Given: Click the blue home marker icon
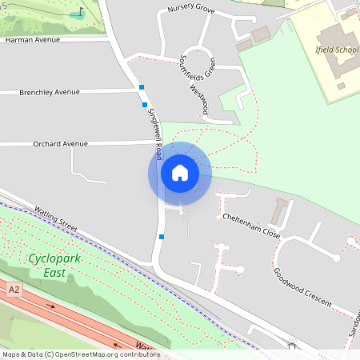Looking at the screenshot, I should click(x=180, y=173).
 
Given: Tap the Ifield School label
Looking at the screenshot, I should click(x=336, y=49).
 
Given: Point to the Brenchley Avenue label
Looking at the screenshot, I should click(x=50, y=92).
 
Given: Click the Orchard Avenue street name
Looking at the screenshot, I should click(x=60, y=144).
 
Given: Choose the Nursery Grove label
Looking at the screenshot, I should click(x=191, y=10).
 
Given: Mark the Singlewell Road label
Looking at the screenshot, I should click(x=154, y=126).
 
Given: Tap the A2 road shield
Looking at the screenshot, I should click(x=14, y=290).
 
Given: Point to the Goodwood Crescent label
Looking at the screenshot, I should click(x=303, y=282).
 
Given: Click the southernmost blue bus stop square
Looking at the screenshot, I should click(x=162, y=237).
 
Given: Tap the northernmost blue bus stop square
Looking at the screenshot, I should click(x=142, y=86).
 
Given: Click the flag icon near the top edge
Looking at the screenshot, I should click(x=80, y=12).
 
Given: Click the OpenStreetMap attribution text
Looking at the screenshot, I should click(x=80, y=354).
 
